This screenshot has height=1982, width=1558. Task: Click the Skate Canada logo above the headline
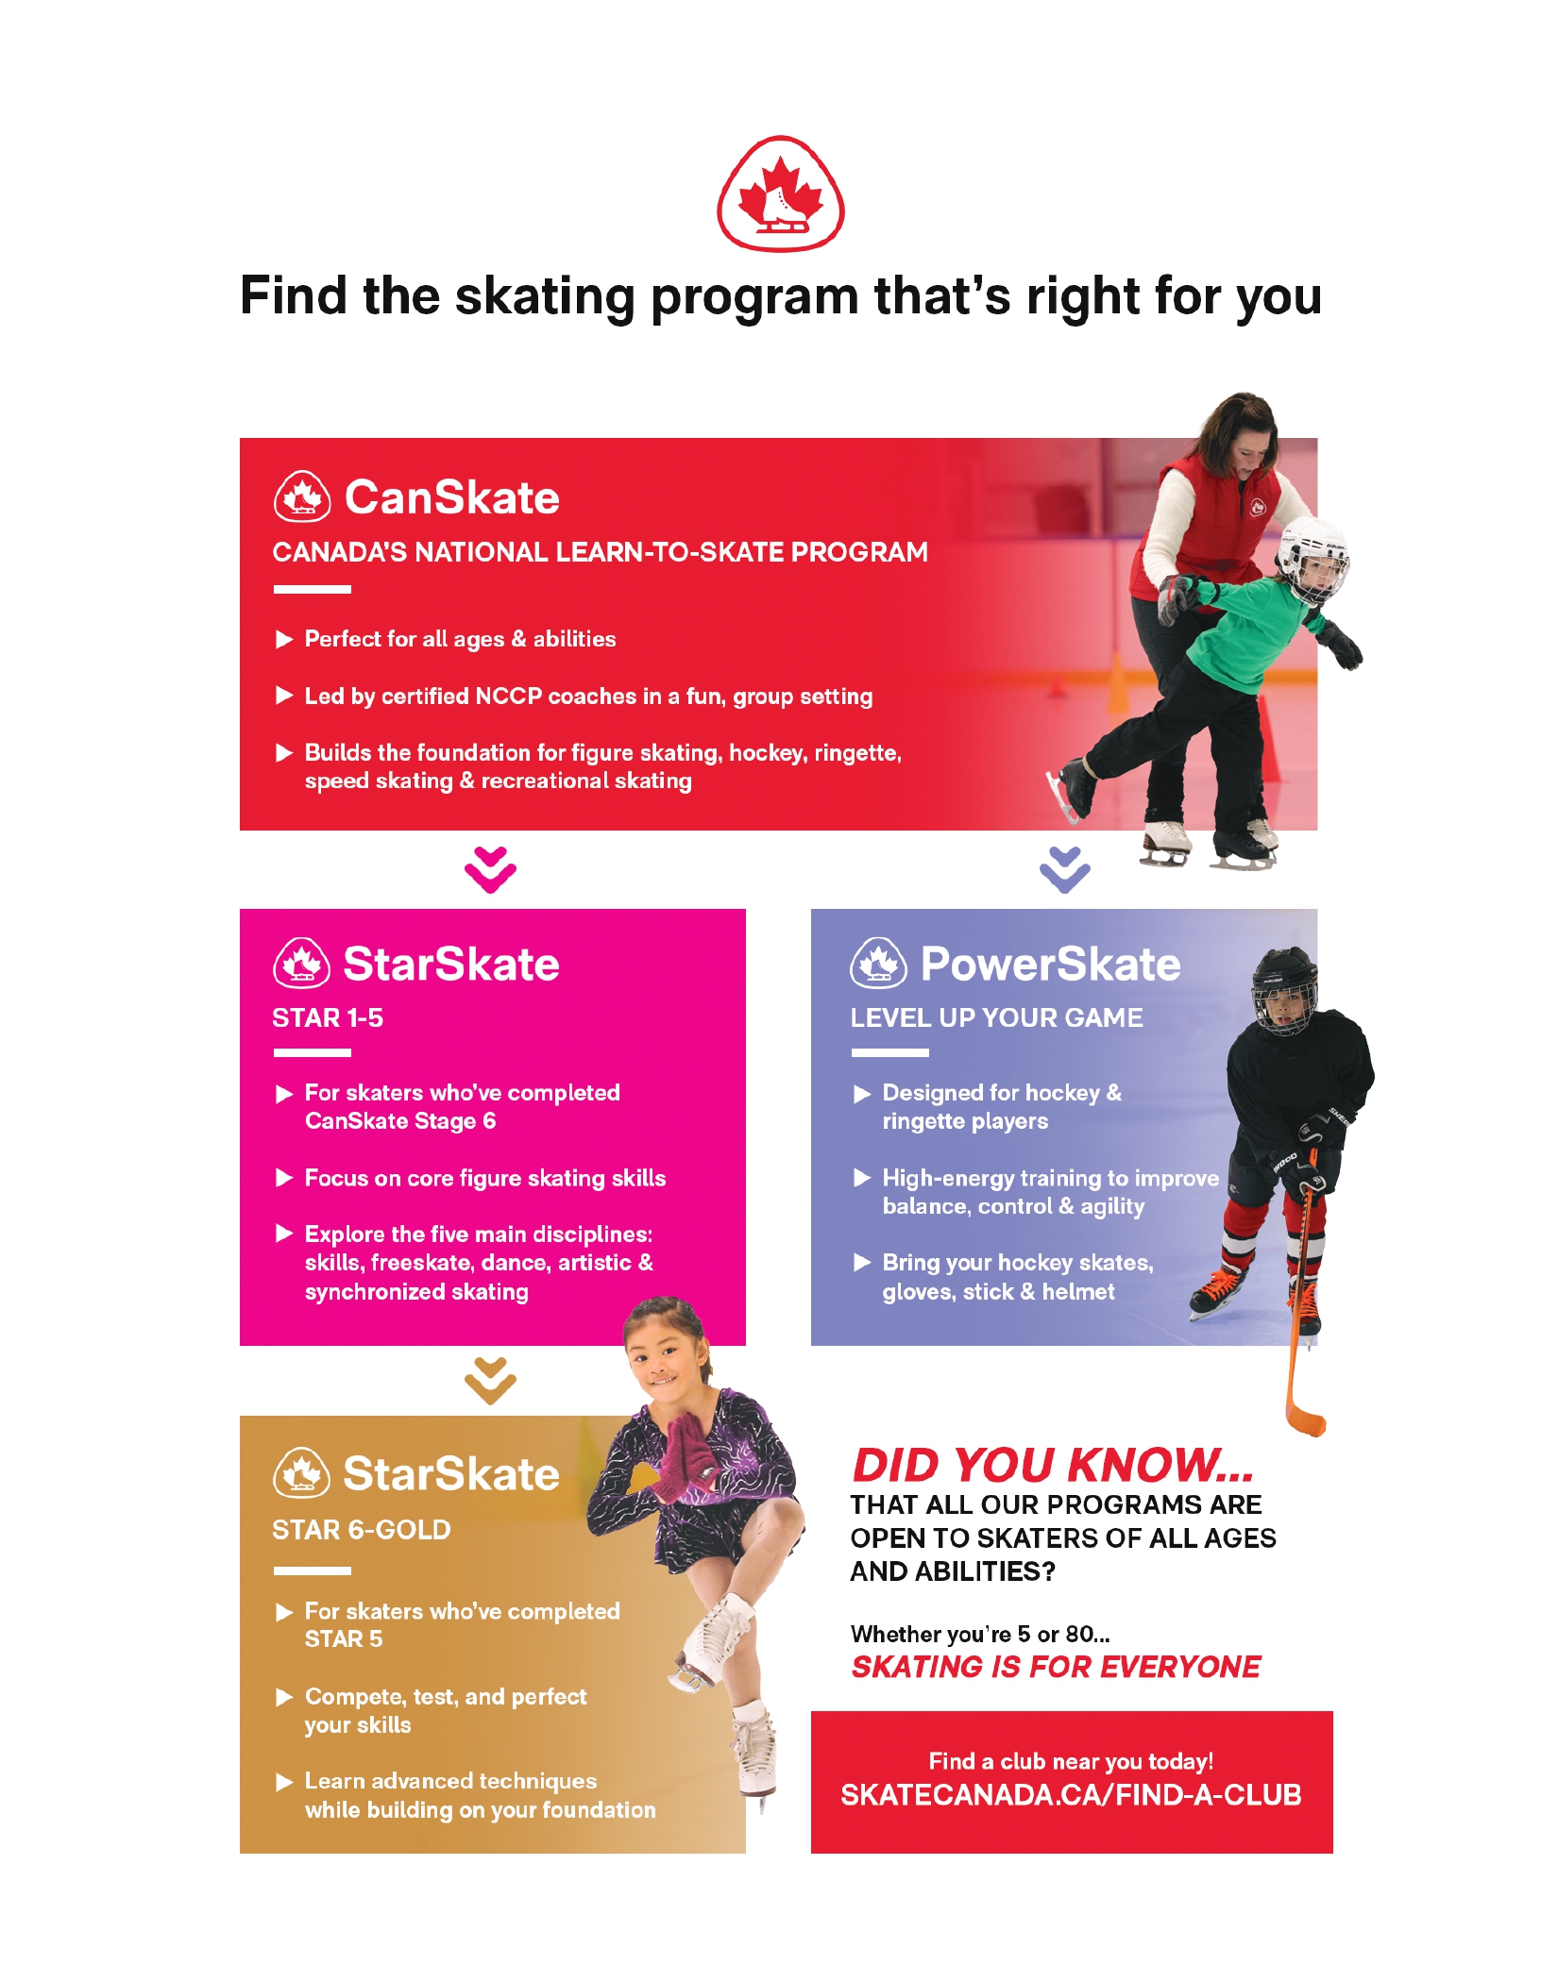780,194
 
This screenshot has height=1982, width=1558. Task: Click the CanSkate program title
451,497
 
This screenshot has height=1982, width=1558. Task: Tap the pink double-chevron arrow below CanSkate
490,869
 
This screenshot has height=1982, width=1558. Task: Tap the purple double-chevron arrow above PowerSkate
1064,869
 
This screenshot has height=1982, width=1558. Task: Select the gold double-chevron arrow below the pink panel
490,1381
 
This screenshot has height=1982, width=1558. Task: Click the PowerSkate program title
1050,964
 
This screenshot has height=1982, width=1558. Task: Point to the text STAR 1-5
328,1018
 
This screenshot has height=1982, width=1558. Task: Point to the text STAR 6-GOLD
361,1530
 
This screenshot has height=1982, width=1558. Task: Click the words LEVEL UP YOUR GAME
996,1018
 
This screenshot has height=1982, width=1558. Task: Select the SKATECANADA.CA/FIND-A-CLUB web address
1071,1795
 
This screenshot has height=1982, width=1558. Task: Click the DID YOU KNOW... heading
1052,1466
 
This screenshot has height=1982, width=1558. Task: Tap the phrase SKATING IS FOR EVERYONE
1055,1668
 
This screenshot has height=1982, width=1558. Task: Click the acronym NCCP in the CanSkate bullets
508,697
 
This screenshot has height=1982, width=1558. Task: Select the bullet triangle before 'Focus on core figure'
283,1178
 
